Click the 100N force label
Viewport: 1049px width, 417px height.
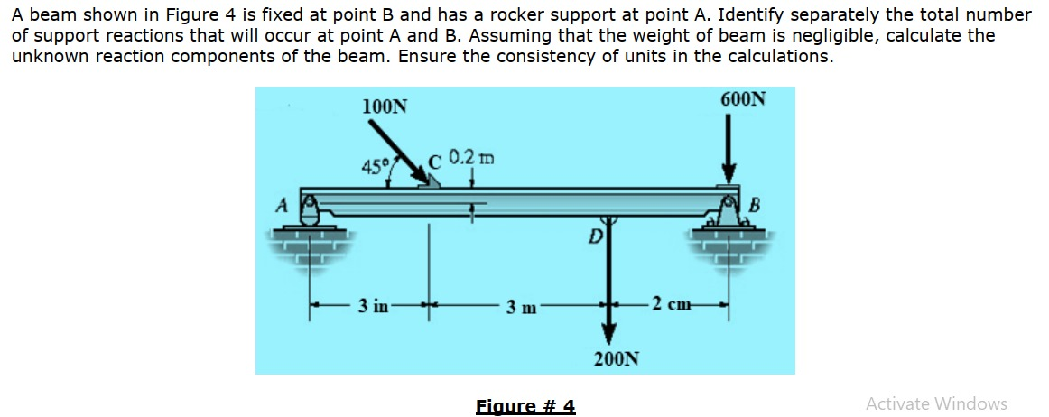tap(384, 107)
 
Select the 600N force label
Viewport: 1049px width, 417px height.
tap(744, 99)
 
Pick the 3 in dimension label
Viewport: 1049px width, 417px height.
tap(372, 306)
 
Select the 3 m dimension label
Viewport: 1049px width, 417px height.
tap(521, 307)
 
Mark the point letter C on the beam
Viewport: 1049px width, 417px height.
tap(434, 162)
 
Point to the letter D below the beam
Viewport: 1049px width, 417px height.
tap(595, 236)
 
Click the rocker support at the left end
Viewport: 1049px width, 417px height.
tap(310, 212)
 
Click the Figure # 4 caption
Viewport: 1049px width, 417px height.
tap(525, 406)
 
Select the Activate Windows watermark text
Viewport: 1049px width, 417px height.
tap(935, 403)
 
